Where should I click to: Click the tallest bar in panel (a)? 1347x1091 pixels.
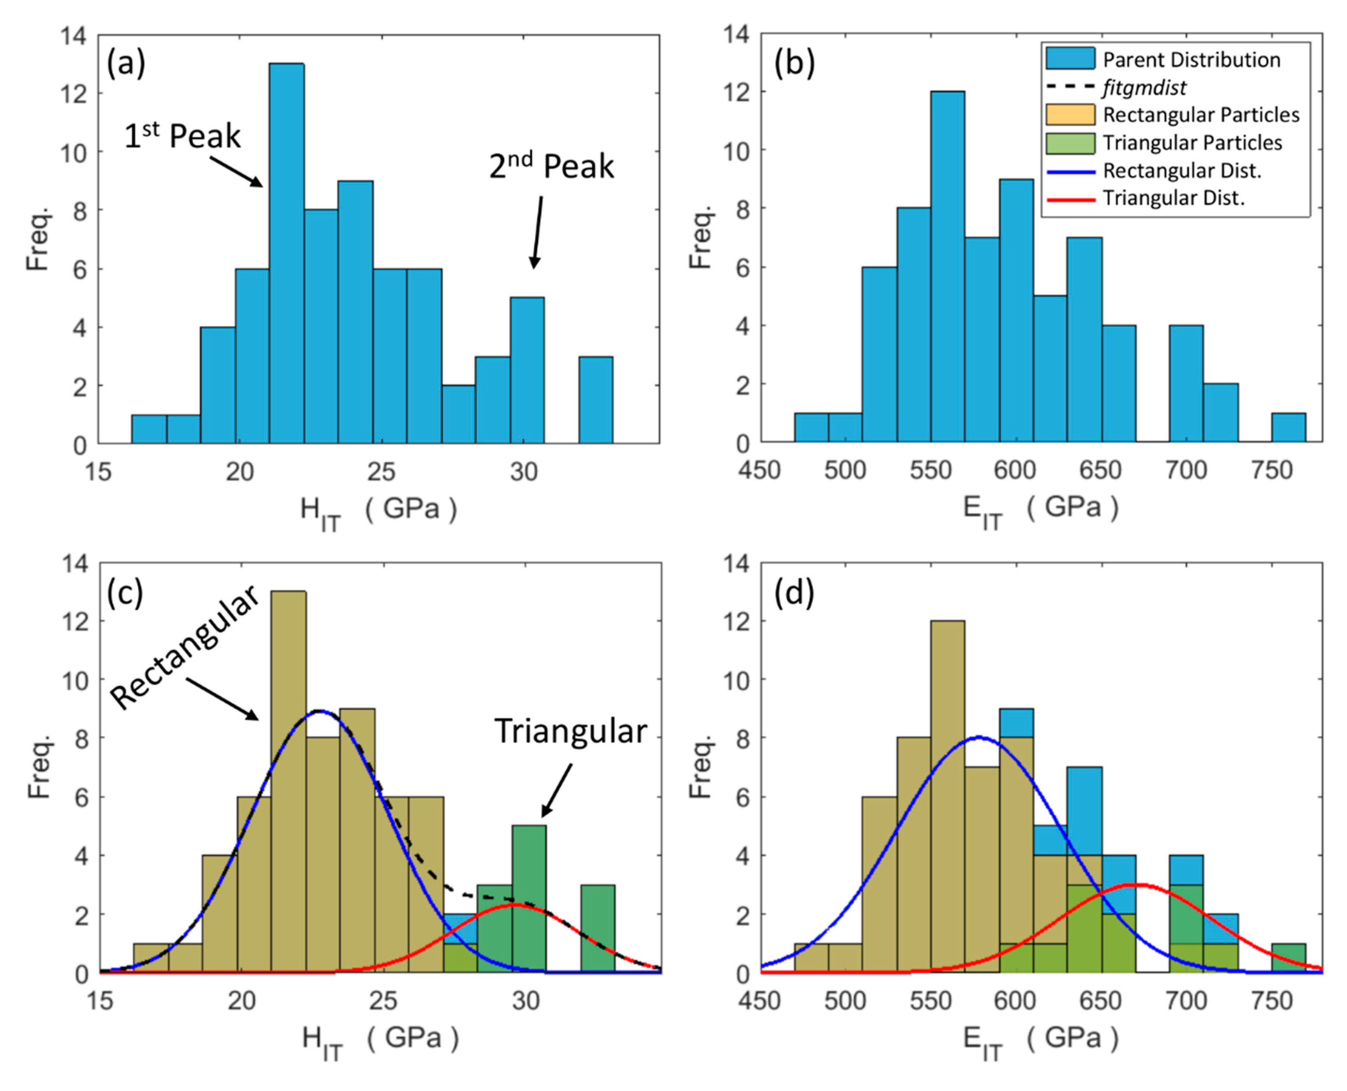[287, 251]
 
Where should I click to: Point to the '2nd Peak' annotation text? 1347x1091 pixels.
[551, 166]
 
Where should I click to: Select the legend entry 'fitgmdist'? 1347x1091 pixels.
[1144, 87]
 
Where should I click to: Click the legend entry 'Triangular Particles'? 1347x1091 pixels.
[1192, 143]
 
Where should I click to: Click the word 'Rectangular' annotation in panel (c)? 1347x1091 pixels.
[184, 647]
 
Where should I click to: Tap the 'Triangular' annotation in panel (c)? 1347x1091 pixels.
[570, 731]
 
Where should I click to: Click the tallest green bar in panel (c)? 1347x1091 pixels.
[529, 899]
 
